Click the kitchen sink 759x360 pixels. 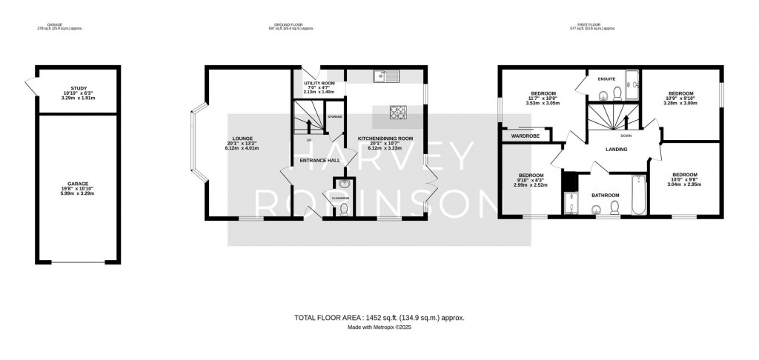click(386, 74)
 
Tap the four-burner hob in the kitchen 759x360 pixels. click(400, 113)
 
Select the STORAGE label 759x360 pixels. click(335, 117)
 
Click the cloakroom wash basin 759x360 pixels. click(342, 184)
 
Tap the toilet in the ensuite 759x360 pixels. click(605, 94)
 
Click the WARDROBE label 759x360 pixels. click(522, 136)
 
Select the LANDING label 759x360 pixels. click(616, 150)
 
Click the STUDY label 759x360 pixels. click(74, 92)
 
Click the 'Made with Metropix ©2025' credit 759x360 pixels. click(379, 327)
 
